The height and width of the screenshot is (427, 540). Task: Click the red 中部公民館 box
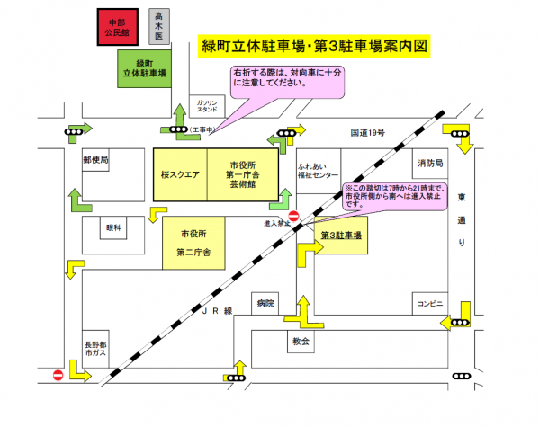(x=119, y=27)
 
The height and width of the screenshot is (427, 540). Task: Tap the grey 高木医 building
(x=160, y=26)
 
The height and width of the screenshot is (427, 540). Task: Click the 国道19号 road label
(x=368, y=132)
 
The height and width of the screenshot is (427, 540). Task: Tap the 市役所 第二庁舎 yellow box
(x=193, y=243)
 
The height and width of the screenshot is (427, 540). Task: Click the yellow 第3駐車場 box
(x=343, y=236)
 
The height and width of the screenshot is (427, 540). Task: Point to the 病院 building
(x=263, y=304)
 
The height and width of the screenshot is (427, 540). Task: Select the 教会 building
(x=301, y=342)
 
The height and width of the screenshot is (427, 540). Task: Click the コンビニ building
(x=428, y=304)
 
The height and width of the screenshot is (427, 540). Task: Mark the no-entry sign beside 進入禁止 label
(x=293, y=217)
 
